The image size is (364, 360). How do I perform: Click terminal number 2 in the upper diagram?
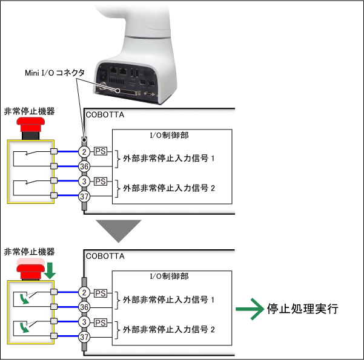coord(85,151)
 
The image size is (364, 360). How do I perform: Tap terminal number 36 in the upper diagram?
coord(85,166)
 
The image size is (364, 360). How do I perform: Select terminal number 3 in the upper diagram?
coord(85,181)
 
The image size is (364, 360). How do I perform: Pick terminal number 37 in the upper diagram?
coord(85,195)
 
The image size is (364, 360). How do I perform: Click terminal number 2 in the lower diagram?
coord(85,292)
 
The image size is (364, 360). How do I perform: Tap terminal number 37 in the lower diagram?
coord(85,337)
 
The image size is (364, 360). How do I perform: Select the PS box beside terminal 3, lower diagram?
coord(101,322)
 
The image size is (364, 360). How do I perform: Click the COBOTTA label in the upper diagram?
coord(105,114)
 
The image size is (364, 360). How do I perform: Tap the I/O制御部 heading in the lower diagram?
coord(169,276)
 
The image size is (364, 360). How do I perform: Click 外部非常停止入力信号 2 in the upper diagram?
coord(169,188)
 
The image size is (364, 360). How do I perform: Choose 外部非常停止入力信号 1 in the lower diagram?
coord(169,299)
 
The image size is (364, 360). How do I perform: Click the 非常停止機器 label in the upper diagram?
coord(29,111)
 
